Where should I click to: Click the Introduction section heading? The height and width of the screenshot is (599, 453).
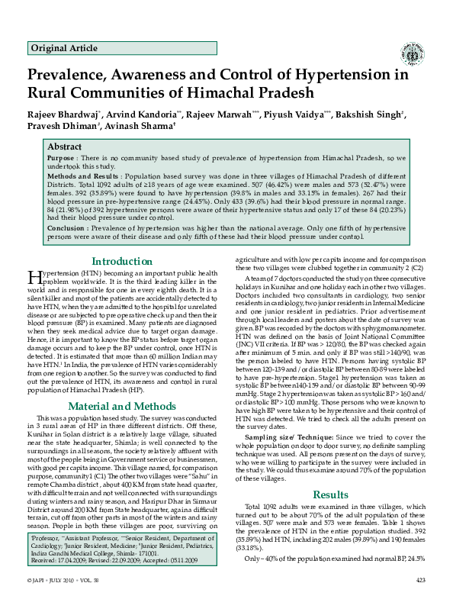coord(122,261)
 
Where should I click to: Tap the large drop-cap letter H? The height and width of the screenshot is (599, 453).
coord(34,277)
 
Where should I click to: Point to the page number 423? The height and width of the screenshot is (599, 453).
coord(420,582)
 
